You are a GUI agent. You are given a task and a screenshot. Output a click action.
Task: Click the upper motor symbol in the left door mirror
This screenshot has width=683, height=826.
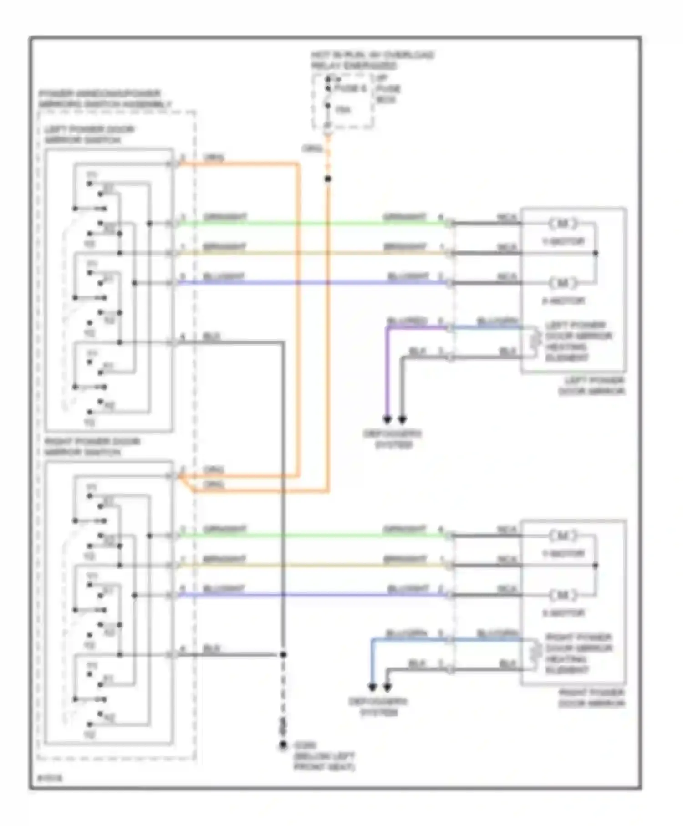[563, 224]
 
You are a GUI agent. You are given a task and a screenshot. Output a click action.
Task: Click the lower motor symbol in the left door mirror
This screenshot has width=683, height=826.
[563, 283]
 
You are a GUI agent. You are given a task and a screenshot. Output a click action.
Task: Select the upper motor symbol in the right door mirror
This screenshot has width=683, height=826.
[563, 536]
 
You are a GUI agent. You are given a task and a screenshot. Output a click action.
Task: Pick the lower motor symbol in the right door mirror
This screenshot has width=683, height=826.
[563, 595]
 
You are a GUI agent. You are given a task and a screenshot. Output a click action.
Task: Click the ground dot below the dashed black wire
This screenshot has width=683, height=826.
[283, 745]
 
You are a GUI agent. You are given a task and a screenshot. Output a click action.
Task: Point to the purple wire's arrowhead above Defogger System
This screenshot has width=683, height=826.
[387, 418]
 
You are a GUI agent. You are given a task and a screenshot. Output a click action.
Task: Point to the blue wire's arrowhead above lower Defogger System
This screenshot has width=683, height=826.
[372, 686]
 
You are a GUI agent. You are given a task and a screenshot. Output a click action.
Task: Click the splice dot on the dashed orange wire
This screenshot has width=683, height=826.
[327, 179]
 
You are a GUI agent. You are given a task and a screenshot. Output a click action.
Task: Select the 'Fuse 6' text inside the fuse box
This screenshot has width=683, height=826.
[350, 88]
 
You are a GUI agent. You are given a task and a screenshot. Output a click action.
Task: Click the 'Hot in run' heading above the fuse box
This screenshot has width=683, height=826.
[372, 60]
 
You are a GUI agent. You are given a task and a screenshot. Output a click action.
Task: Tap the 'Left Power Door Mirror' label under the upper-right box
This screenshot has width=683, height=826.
[592, 386]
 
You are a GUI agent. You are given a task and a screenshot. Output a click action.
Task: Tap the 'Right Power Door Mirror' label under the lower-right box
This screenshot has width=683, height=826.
[592, 698]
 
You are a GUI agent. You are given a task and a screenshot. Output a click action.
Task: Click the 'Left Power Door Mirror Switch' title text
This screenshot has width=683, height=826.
[89, 135]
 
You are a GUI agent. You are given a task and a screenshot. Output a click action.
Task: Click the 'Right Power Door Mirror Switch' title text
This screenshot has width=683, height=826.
[92, 447]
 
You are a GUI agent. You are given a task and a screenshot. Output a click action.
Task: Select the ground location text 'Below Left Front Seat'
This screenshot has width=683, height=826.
[324, 762]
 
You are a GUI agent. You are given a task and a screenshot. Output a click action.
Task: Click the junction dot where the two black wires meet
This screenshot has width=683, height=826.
[283, 654]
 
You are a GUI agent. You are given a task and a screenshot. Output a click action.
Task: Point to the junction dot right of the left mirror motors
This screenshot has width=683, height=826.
[595, 253]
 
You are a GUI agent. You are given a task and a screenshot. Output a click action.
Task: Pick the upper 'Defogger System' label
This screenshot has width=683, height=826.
[392, 439]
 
